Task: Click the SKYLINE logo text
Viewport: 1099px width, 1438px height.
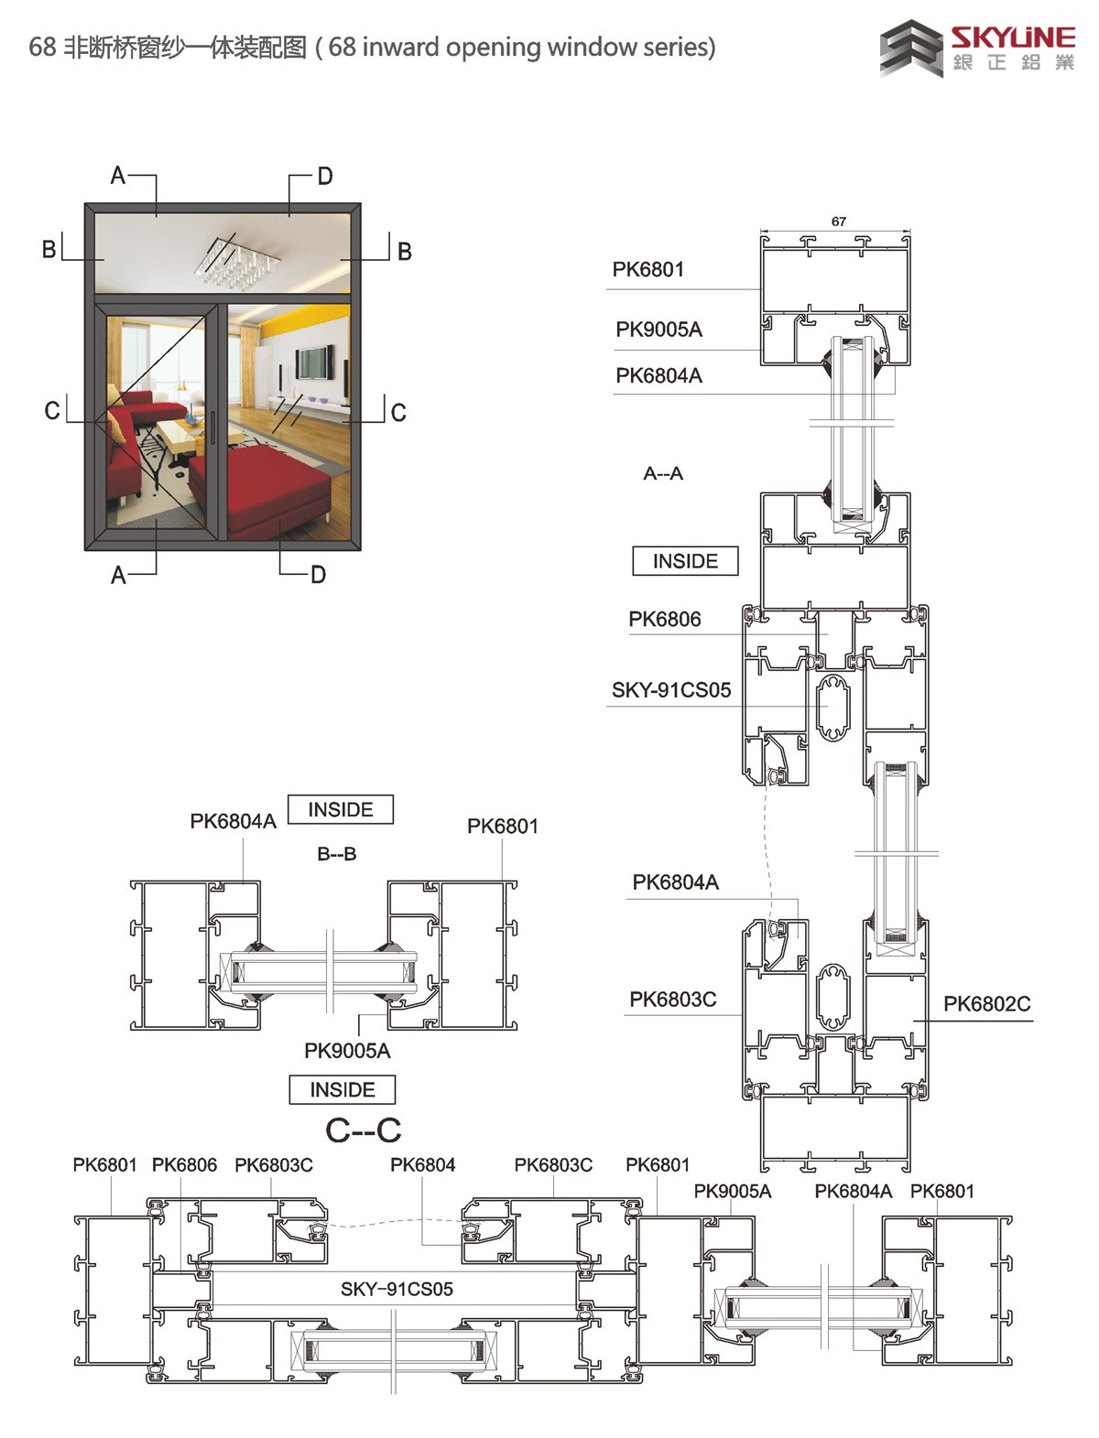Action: click(x=1013, y=38)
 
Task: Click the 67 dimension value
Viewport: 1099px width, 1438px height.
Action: click(x=838, y=222)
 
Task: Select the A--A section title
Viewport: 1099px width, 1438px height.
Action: click(x=663, y=473)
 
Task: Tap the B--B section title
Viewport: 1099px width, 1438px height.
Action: click(x=337, y=854)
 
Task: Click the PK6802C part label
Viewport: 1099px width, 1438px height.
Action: click(x=987, y=1003)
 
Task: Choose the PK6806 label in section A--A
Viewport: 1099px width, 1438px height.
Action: click(x=665, y=619)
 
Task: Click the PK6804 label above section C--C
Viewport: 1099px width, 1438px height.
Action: click(x=423, y=1165)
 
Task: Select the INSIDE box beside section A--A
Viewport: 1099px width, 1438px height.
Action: click(x=685, y=561)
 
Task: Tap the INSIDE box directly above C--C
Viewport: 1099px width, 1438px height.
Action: click(x=343, y=1089)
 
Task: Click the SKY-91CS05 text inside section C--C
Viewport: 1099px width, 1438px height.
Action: click(x=397, y=1290)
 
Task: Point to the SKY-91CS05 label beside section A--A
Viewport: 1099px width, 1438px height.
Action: click(x=671, y=690)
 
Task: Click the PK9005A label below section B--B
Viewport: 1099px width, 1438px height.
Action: click(x=347, y=1051)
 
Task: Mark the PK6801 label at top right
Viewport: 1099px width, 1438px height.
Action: click(x=648, y=269)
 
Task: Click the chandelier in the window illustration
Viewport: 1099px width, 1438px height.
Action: click(x=237, y=261)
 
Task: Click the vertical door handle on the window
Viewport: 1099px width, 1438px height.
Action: click(x=213, y=428)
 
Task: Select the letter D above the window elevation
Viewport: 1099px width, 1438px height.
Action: click(x=325, y=177)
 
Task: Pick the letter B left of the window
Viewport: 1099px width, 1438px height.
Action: click(x=49, y=250)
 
